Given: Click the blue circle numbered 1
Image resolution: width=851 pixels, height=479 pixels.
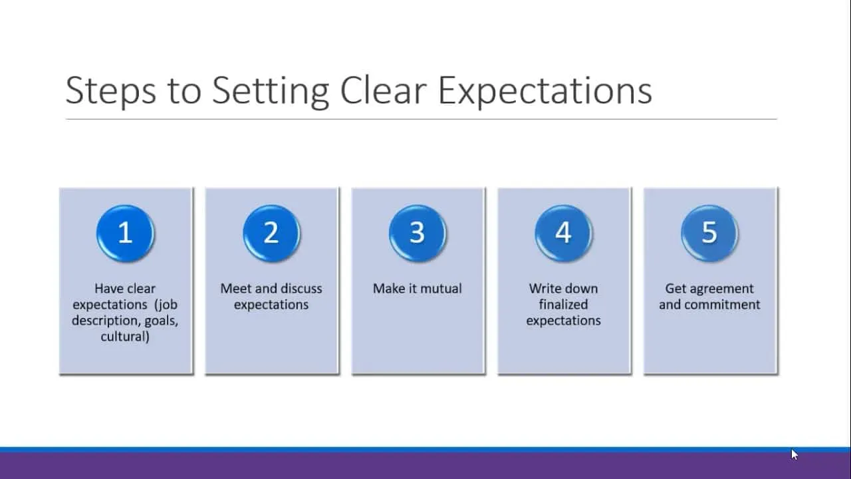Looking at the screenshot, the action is (x=126, y=233).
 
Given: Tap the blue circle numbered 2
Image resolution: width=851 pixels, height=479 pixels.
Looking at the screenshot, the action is (x=271, y=233).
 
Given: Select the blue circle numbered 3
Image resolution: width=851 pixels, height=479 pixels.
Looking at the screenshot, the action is (x=417, y=233).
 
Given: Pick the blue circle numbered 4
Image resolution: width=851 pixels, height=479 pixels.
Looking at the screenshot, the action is (x=563, y=233).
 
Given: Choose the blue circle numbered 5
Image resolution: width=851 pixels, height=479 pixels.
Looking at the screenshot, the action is (x=709, y=233).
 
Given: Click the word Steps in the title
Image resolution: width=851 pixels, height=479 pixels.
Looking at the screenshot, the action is (x=110, y=91).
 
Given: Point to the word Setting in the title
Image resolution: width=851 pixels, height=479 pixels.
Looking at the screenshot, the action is (x=270, y=91).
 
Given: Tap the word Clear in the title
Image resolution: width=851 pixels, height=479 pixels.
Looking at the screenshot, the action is (x=383, y=90).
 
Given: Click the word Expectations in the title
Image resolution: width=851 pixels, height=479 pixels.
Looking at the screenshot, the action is (x=545, y=91).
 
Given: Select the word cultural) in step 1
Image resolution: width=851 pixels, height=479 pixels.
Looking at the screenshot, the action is (x=125, y=337).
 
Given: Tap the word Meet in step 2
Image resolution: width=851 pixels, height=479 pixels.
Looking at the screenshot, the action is (x=236, y=289).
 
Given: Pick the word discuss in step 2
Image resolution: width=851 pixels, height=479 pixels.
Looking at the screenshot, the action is (x=302, y=289).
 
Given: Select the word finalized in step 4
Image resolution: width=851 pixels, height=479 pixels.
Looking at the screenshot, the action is (x=563, y=305).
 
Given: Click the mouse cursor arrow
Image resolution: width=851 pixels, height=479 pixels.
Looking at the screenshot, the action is (x=794, y=454).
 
